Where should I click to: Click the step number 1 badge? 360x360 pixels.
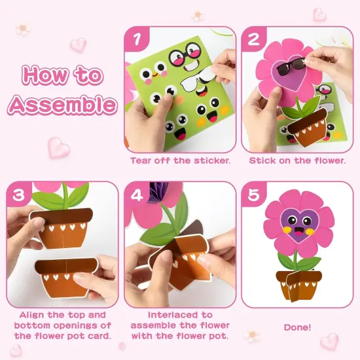click(136, 40)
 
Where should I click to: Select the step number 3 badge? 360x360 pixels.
click(18, 194)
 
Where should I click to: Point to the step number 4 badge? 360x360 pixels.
click(136, 194)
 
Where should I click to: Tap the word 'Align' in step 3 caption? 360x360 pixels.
click(34, 314)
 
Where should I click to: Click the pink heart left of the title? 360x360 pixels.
click(78, 45)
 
